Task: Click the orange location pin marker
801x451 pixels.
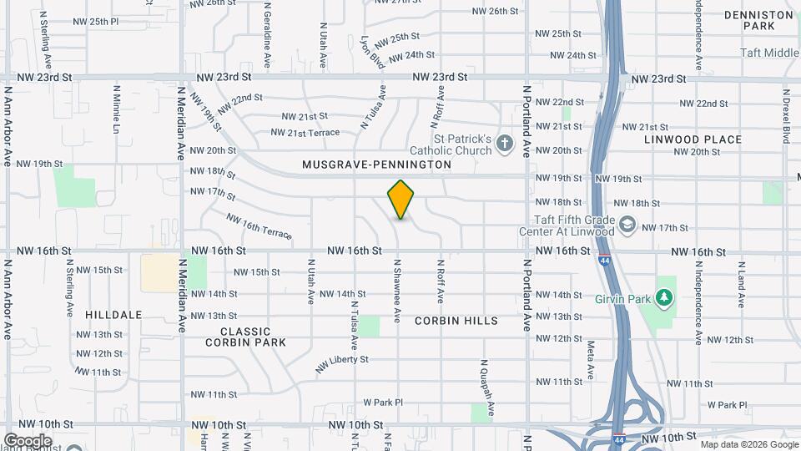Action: coord(401,200)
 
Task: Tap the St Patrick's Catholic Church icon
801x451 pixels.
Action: coord(504,144)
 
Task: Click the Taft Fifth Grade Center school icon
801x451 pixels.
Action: coord(627,225)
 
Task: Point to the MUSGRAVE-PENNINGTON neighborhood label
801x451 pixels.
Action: coord(376,165)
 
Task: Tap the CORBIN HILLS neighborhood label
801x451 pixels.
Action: coord(456,321)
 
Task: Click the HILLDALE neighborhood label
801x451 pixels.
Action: coord(113,315)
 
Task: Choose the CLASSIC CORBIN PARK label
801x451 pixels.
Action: coord(247,337)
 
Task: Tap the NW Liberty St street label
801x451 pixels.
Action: coord(341,363)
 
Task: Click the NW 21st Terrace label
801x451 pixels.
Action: coord(305,133)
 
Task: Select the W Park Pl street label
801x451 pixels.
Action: coord(383,403)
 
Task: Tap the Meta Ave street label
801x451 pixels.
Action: coord(590,357)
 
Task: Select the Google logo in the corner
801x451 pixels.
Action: coord(28,440)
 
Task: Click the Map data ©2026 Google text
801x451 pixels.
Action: coord(748,443)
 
